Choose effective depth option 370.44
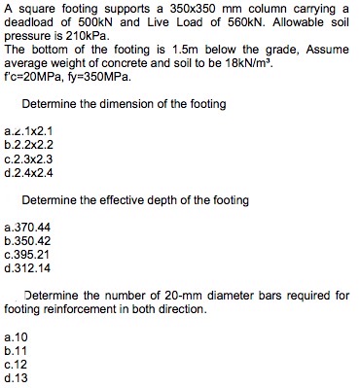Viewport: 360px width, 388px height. tap(29, 226)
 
